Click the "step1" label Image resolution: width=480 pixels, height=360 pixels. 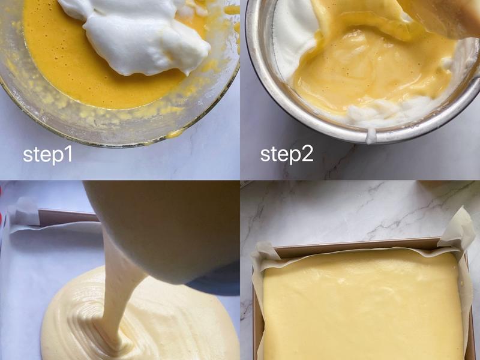coord(48,155)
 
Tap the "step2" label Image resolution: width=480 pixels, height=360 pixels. coord(287,154)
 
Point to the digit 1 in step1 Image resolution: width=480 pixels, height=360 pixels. coord(69,153)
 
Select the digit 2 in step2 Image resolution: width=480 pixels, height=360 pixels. coord(307,154)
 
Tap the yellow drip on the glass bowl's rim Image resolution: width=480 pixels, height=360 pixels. coord(175,133)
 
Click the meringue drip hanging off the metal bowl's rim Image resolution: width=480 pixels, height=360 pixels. coord(370,136)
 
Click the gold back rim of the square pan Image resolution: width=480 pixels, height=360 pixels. coord(358,247)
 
